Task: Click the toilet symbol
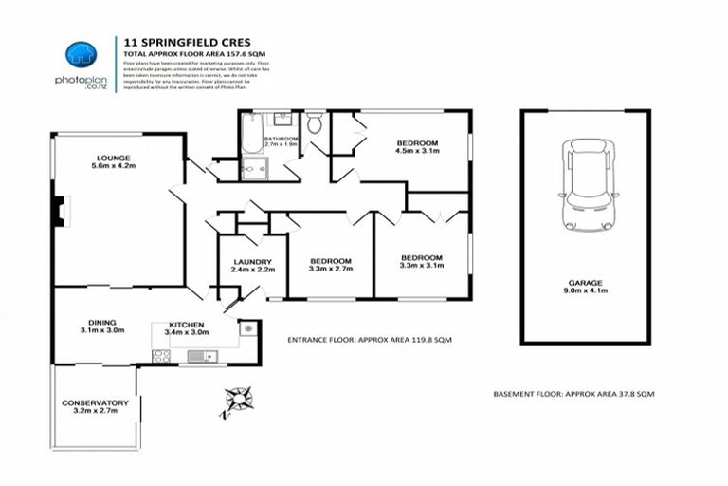(x=315, y=123)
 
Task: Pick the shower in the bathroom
(x=254, y=170)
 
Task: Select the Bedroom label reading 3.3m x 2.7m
(x=331, y=266)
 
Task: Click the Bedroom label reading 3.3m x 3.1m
(x=420, y=263)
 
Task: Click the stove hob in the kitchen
(x=162, y=357)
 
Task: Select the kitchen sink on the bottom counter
(x=201, y=356)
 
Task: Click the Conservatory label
(x=95, y=408)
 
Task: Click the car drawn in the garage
(x=584, y=186)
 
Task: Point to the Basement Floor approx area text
(x=574, y=393)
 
